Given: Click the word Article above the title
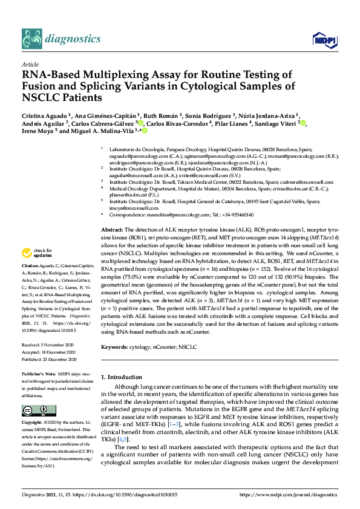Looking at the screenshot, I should click(x=30, y=64).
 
